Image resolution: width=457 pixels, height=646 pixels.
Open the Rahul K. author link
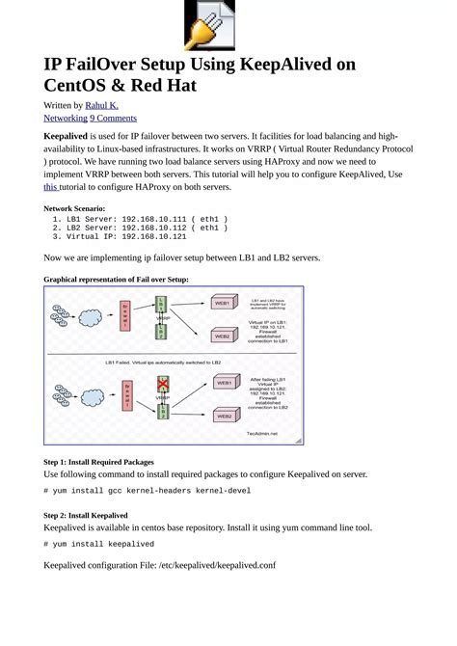coord(102,105)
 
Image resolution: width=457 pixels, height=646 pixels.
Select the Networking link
coord(66,118)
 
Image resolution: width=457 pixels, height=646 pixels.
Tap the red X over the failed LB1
coord(163,384)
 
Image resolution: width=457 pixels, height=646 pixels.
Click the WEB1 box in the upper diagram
coord(223,303)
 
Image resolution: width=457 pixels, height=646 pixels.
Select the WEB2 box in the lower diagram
coord(223,417)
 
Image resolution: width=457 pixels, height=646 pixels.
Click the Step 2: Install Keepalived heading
coord(86,515)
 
